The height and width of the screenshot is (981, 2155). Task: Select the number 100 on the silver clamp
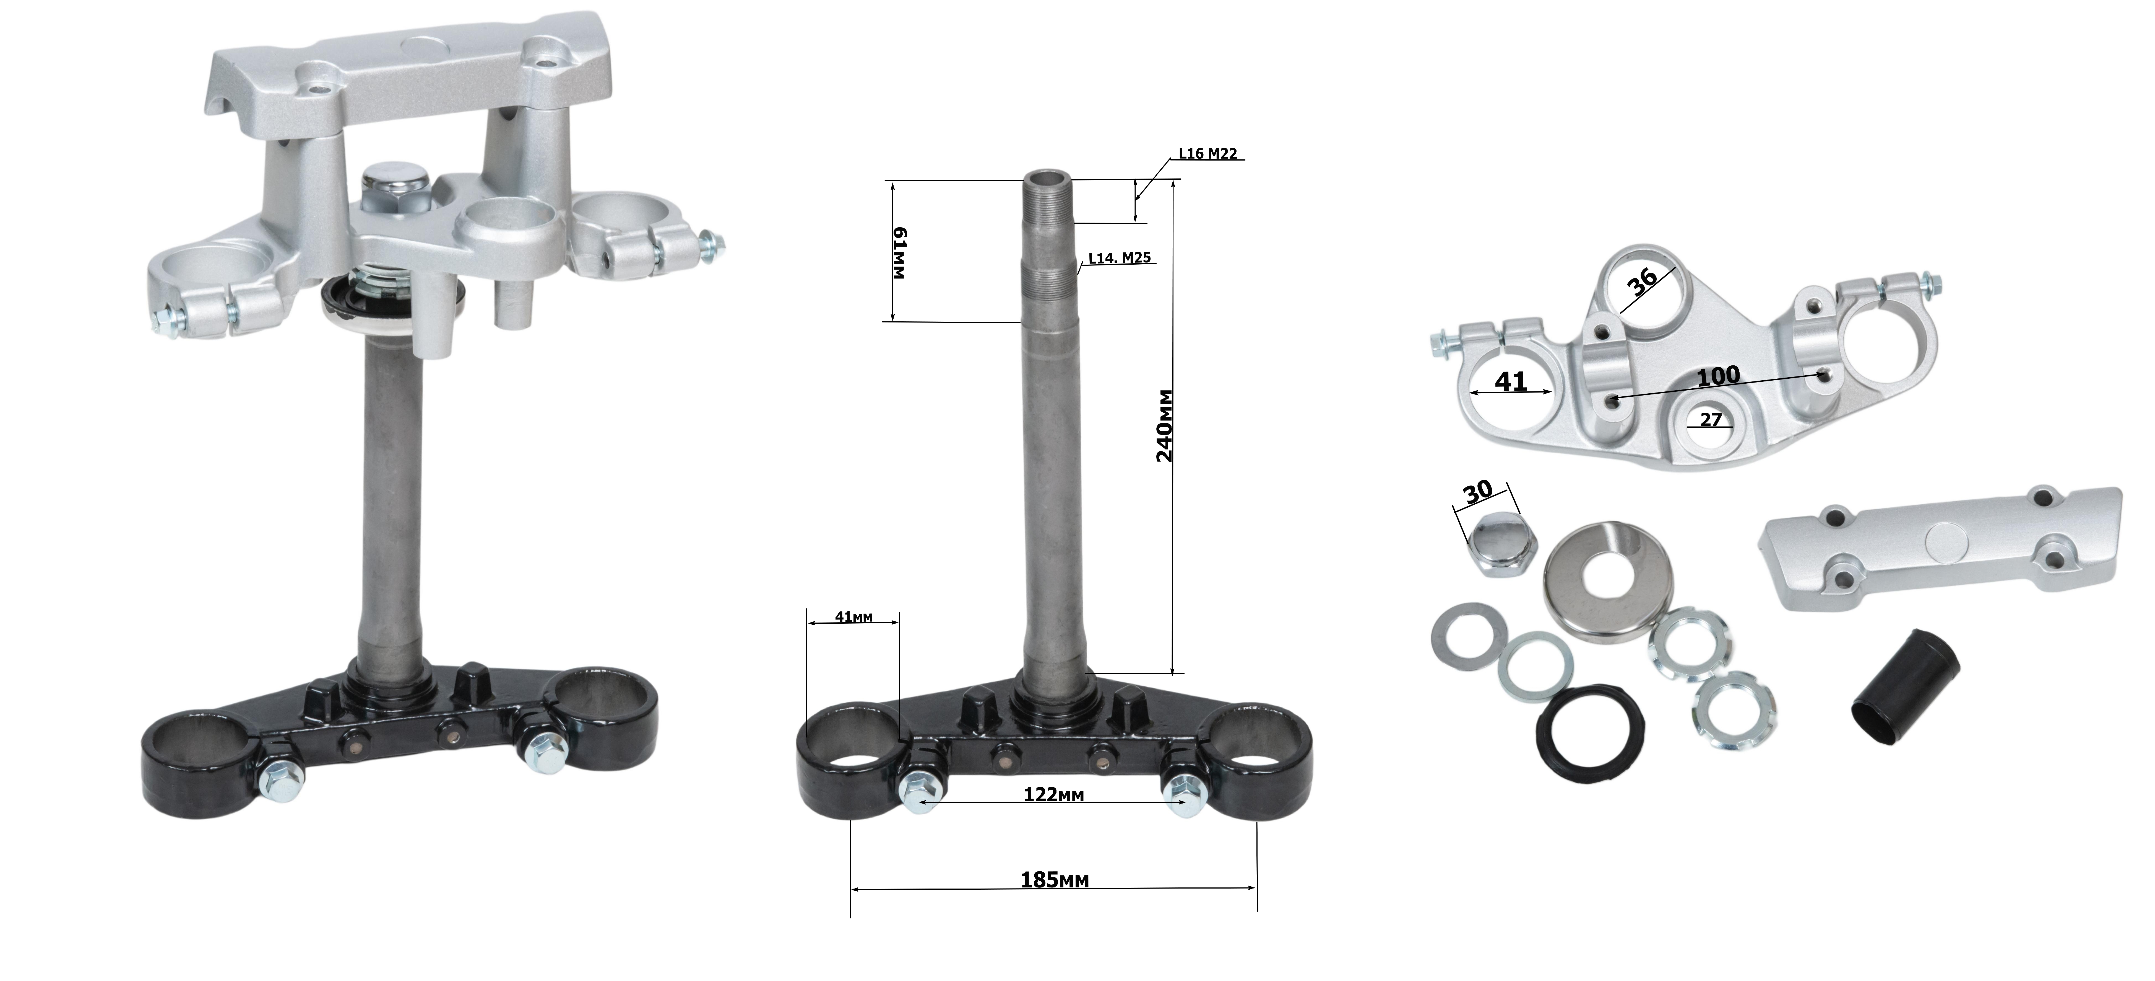(x=1718, y=376)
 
